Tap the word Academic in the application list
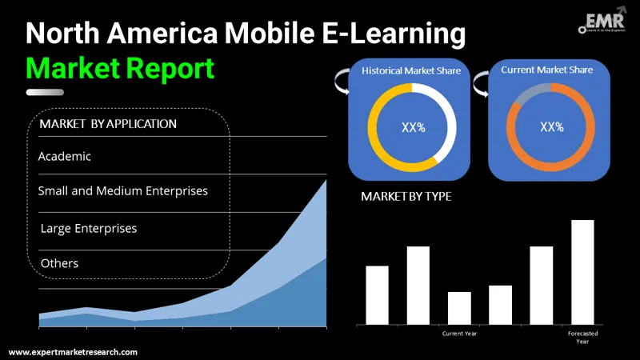tap(65, 156)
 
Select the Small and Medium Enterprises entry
tap(122, 191)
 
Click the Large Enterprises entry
tap(89, 229)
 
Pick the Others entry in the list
tap(59, 263)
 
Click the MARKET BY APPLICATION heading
tap(108, 124)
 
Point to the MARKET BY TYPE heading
tap(406, 196)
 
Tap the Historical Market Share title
tap(412, 70)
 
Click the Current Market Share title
tap(547, 70)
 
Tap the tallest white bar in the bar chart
tap(582, 272)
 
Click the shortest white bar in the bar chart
tap(459, 308)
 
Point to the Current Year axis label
tap(459, 333)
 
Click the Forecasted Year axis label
tap(582, 337)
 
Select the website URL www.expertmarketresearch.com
tap(73, 352)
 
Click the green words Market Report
tap(121, 68)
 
